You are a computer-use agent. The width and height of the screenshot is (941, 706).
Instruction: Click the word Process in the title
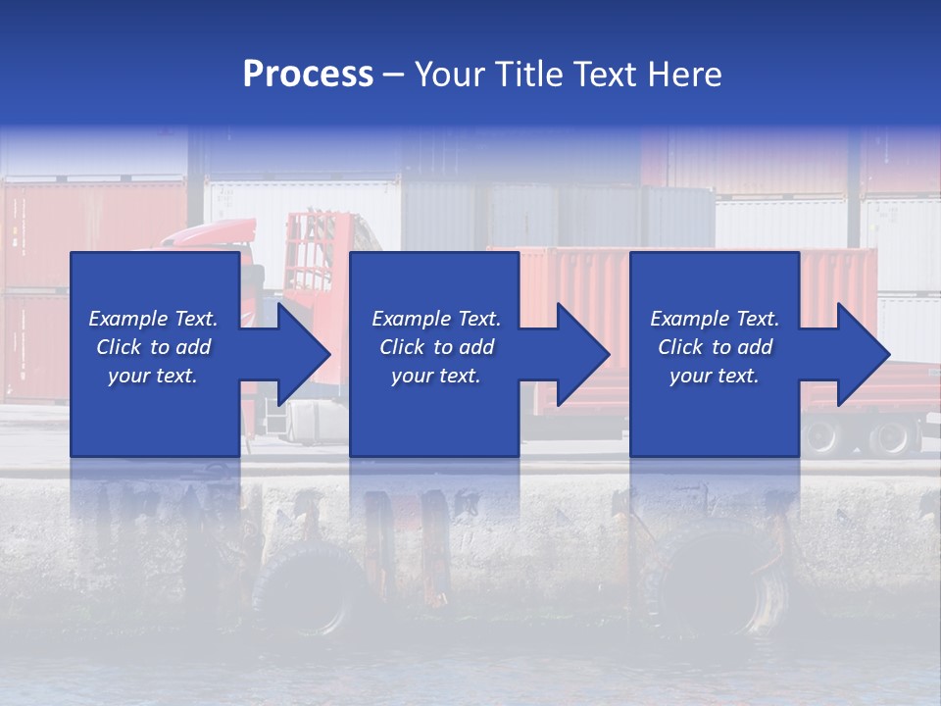(x=308, y=75)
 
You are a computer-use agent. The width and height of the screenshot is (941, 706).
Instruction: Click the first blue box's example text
(x=154, y=347)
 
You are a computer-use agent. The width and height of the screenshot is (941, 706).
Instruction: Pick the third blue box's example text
(x=715, y=347)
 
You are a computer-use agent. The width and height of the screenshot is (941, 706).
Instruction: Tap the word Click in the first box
(x=121, y=347)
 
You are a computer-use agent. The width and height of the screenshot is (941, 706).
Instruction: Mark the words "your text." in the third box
(x=715, y=376)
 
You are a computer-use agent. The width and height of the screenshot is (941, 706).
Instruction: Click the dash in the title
(x=394, y=75)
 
